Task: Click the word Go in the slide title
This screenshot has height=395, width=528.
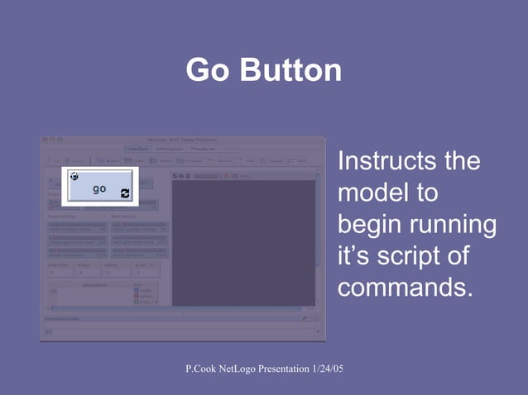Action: click(209, 70)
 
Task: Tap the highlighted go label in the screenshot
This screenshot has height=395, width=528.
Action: click(99, 189)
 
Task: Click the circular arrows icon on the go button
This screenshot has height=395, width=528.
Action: click(125, 193)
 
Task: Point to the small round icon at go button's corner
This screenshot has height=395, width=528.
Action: click(74, 176)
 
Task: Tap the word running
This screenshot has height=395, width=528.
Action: click(454, 226)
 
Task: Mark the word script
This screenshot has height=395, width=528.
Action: click(414, 257)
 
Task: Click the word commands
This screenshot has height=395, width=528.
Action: click(405, 289)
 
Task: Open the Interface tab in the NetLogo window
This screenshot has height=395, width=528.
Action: click(138, 149)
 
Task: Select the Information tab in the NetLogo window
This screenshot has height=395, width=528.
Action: click(170, 149)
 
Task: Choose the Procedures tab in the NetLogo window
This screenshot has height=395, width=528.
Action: click(203, 149)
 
